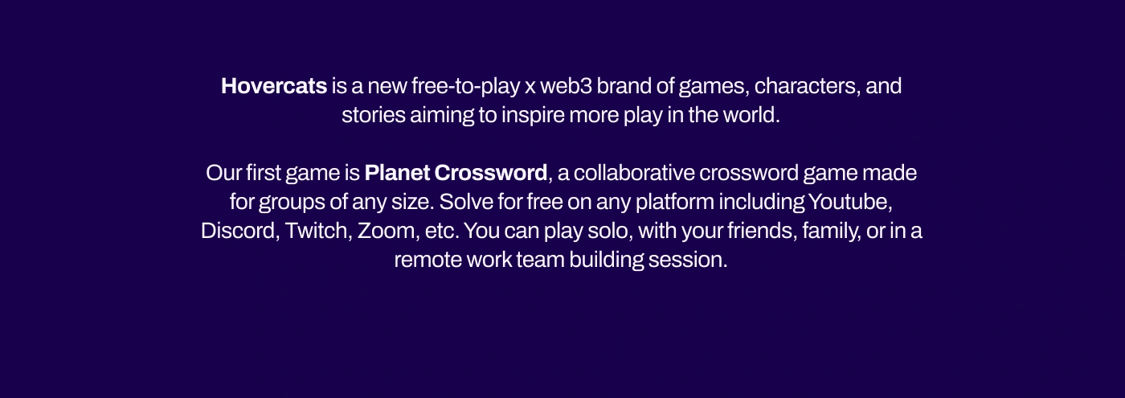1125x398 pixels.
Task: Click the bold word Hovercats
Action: point(274,86)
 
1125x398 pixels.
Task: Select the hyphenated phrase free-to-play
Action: point(465,87)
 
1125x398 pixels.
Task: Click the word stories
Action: point(374,115)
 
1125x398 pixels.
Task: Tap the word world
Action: point(751,115)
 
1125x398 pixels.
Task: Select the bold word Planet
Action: point(397,173)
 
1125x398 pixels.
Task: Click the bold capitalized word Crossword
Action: point(491,173)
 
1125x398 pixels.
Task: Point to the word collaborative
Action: point(634,173)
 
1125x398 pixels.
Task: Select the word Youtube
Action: point(850,202)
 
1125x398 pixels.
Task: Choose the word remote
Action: point(427,261)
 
